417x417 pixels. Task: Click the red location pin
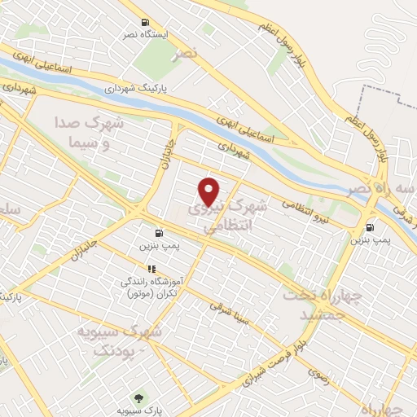tap(209, 191)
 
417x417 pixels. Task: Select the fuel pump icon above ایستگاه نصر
tap(145, 22)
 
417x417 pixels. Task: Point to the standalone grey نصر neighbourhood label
tap(185, 54)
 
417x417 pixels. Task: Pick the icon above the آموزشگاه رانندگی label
tap(151, 268)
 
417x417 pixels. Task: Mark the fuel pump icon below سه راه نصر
tap(371, 229)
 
